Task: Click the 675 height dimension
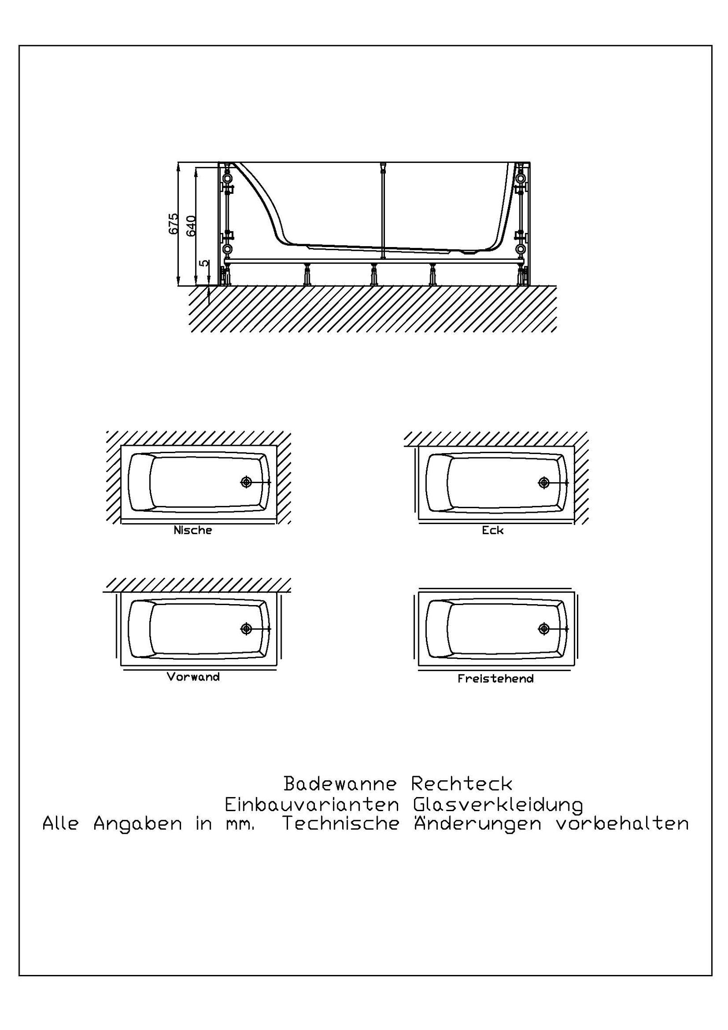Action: (x=173, y=223)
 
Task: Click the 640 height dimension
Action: (x=191, y=226)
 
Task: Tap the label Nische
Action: (x=192, y=530)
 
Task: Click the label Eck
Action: (x=492, y=530)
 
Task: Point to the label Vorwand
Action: (x=193, y=677)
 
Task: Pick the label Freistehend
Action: (x=495, y=679)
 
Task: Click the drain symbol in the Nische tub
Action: (x=246, y=482)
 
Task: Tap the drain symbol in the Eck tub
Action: (x=544, y=482)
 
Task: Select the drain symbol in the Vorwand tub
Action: (x=246, y=629)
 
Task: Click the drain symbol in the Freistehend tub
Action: (x=544, y=629)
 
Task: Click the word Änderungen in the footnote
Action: (x=477, y=824)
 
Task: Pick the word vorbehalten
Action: (x=622, y=824)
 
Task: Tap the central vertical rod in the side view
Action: (x=383, y=209)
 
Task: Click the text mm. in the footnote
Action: (x=240, y=825)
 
